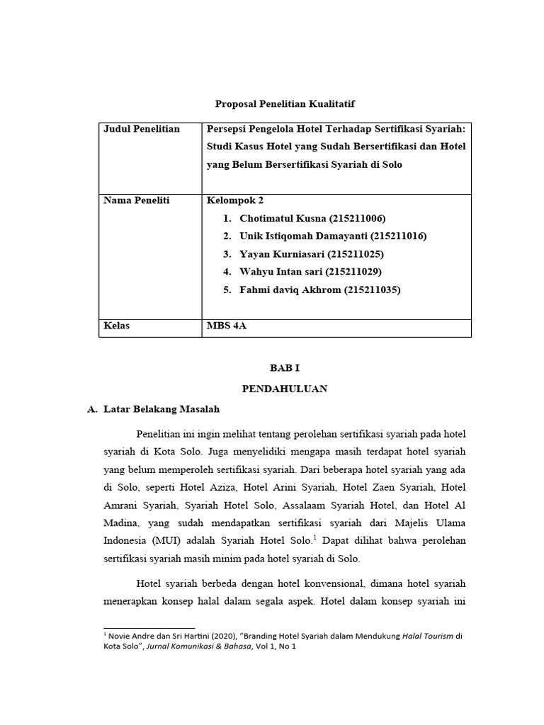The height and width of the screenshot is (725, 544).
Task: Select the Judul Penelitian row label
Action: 142,129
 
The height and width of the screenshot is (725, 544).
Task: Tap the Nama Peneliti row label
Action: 137,200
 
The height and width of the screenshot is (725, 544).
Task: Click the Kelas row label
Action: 118,326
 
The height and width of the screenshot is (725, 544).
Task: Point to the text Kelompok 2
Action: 229,200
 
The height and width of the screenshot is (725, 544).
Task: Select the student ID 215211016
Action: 399,236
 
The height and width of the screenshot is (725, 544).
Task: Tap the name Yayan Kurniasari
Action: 286,253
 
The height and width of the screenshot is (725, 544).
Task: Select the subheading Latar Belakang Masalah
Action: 161,409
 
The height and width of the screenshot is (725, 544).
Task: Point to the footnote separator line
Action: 149,627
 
